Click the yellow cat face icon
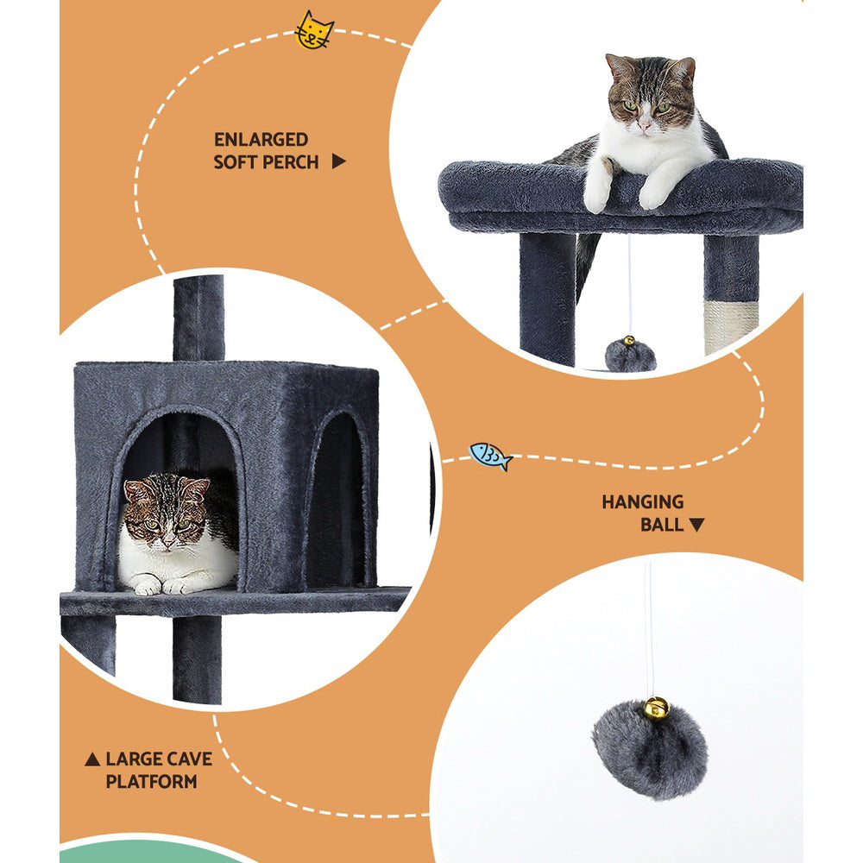313,30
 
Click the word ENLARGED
261,140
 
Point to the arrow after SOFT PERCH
339,161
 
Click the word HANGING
642,502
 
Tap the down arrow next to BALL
696,525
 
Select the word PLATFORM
151,782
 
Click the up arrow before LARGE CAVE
91,760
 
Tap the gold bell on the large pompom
655,709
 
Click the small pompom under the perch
630,355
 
